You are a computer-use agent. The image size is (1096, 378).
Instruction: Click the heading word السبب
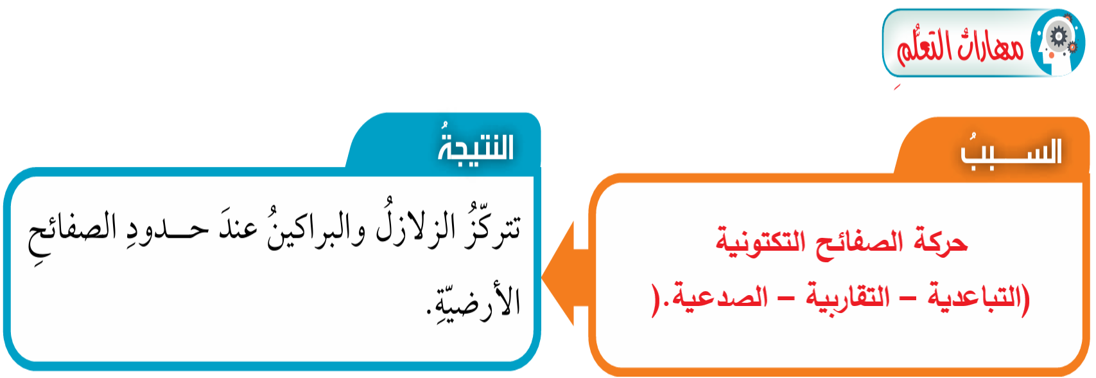(1011, 151)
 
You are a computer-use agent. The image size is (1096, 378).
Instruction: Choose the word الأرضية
(474, 299)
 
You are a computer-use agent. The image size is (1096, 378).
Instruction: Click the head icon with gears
(1057, 42)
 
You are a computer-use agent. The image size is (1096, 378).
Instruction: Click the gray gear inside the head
(1059, 36)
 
